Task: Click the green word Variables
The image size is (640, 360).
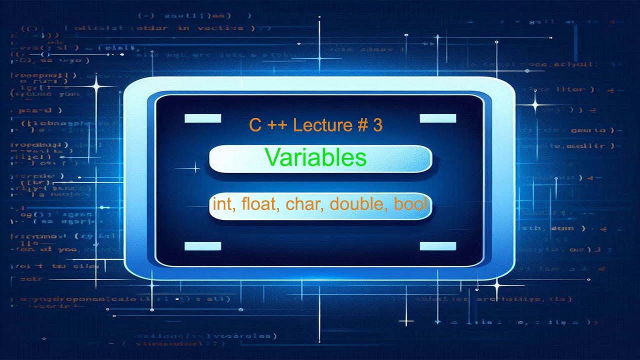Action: pyautogui.click(x=315, y=158)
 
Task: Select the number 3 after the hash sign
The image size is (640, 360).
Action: pyautogui.click(x=377, y=125)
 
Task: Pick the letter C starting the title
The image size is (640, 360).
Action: pyautogui.click(x=255, y=125)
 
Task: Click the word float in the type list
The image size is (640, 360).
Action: pyautogui.click(x=259, y=204)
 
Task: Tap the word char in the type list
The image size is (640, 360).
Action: pyautogui.click(x=298, y=204)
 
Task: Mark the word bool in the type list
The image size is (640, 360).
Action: pyautogui.click(x=411, y=204)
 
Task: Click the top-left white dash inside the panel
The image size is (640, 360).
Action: pyautogui.click(x=202, y=118)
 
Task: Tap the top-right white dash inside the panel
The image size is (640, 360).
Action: pyautogui.click(x=438, y=118)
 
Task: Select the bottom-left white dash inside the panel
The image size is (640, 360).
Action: pyautogui.click(x=202, y=245)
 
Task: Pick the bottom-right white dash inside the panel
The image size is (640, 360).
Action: pyautogui.click(x=438, y=245)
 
